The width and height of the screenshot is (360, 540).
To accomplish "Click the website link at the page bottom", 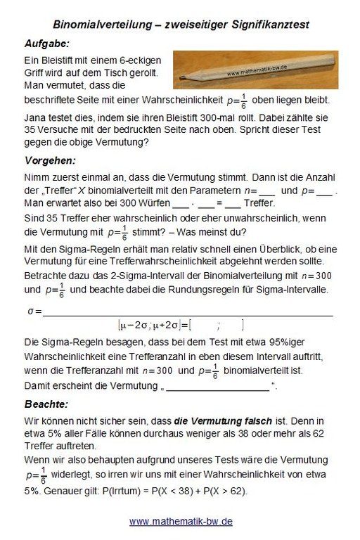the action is tap(181, 522).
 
